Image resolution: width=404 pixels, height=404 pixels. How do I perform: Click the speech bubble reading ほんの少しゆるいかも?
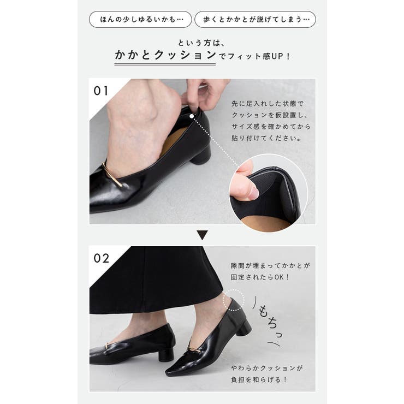click(x=140, y=20)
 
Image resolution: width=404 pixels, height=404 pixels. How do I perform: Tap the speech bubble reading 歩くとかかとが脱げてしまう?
click(x=255, y=20)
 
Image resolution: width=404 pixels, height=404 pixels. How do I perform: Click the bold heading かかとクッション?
click(x=165, y=55)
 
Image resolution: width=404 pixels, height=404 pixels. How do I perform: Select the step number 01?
click(x=102, y=91)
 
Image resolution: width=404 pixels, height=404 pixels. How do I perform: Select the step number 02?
click(x=102, y=258)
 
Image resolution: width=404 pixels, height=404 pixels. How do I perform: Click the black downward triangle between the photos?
click(x=202, y=235)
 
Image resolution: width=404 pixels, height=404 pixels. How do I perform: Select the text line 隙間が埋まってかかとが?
click(x=271, y=266)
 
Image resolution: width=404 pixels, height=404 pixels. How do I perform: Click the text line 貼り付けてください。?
click(x=266, y=139)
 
